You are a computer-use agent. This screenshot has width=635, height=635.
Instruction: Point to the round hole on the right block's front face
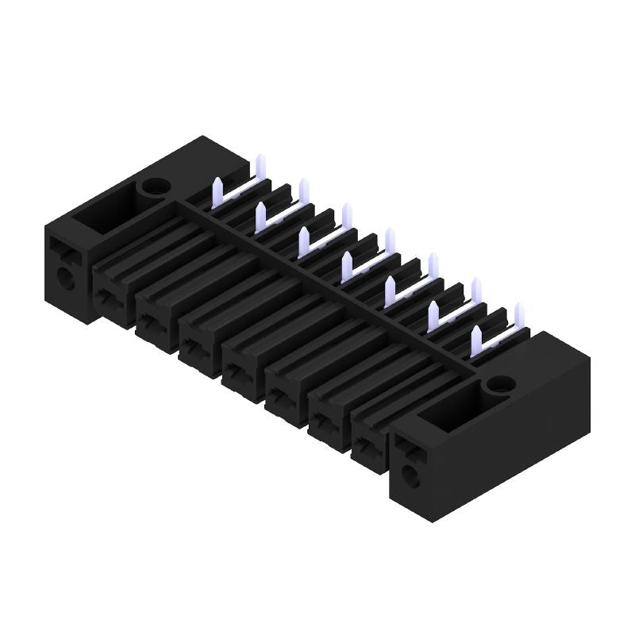(410, 476)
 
